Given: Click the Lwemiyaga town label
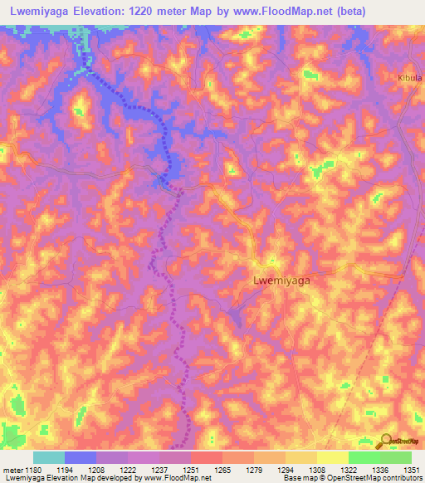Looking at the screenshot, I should click(x=281, y=281).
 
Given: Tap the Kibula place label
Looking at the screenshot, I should click(x=409, y=78).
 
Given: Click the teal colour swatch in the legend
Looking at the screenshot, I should click(x=49, y=457).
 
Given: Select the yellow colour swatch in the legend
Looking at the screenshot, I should click(x=332, y=457).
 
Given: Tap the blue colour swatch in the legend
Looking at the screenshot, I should click(x=81, y=457).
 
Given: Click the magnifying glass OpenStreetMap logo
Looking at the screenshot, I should click(x=386, y=441).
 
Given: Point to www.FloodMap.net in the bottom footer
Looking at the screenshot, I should click(x=175, y=479).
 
